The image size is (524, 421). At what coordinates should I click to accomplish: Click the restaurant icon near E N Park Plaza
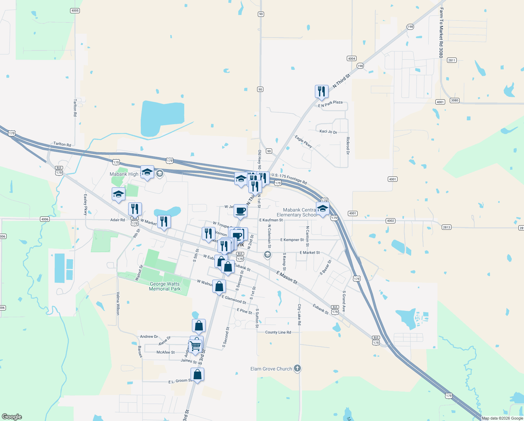tap(322, 92)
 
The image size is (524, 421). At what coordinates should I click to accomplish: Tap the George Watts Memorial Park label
tap(165, 286)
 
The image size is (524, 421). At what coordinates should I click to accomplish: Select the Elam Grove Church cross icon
tap(297, 368)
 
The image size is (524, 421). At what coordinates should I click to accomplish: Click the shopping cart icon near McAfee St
tap(195, 346)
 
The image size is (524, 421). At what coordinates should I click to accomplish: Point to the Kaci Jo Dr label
tap(328, 132)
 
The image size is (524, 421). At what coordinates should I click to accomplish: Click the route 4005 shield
tap(75, 11)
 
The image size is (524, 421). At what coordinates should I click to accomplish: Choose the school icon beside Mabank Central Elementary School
tap(323, 209)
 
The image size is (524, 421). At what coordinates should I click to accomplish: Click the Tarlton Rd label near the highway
tap(62, 144)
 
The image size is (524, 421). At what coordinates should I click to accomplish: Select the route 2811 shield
tap(451, 60)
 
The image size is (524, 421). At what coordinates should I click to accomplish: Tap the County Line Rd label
tap(278, 332)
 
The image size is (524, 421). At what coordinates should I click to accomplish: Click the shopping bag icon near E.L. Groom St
tap(198, 374)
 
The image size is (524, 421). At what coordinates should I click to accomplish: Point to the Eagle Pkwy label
tap(303, 141)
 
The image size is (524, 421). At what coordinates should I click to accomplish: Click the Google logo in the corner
tap(12, 417)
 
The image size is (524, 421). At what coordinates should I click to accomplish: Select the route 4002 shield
tap(390, 221)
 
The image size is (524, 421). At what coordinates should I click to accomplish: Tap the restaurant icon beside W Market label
tap(164, 222)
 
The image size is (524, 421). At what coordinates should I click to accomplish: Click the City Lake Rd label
tap(299, 314)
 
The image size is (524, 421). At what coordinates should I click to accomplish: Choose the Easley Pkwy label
tap(85, 205)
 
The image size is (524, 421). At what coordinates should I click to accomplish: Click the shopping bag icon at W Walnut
tap(219, 287)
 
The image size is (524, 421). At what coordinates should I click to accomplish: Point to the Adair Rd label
tap(117, 220)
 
